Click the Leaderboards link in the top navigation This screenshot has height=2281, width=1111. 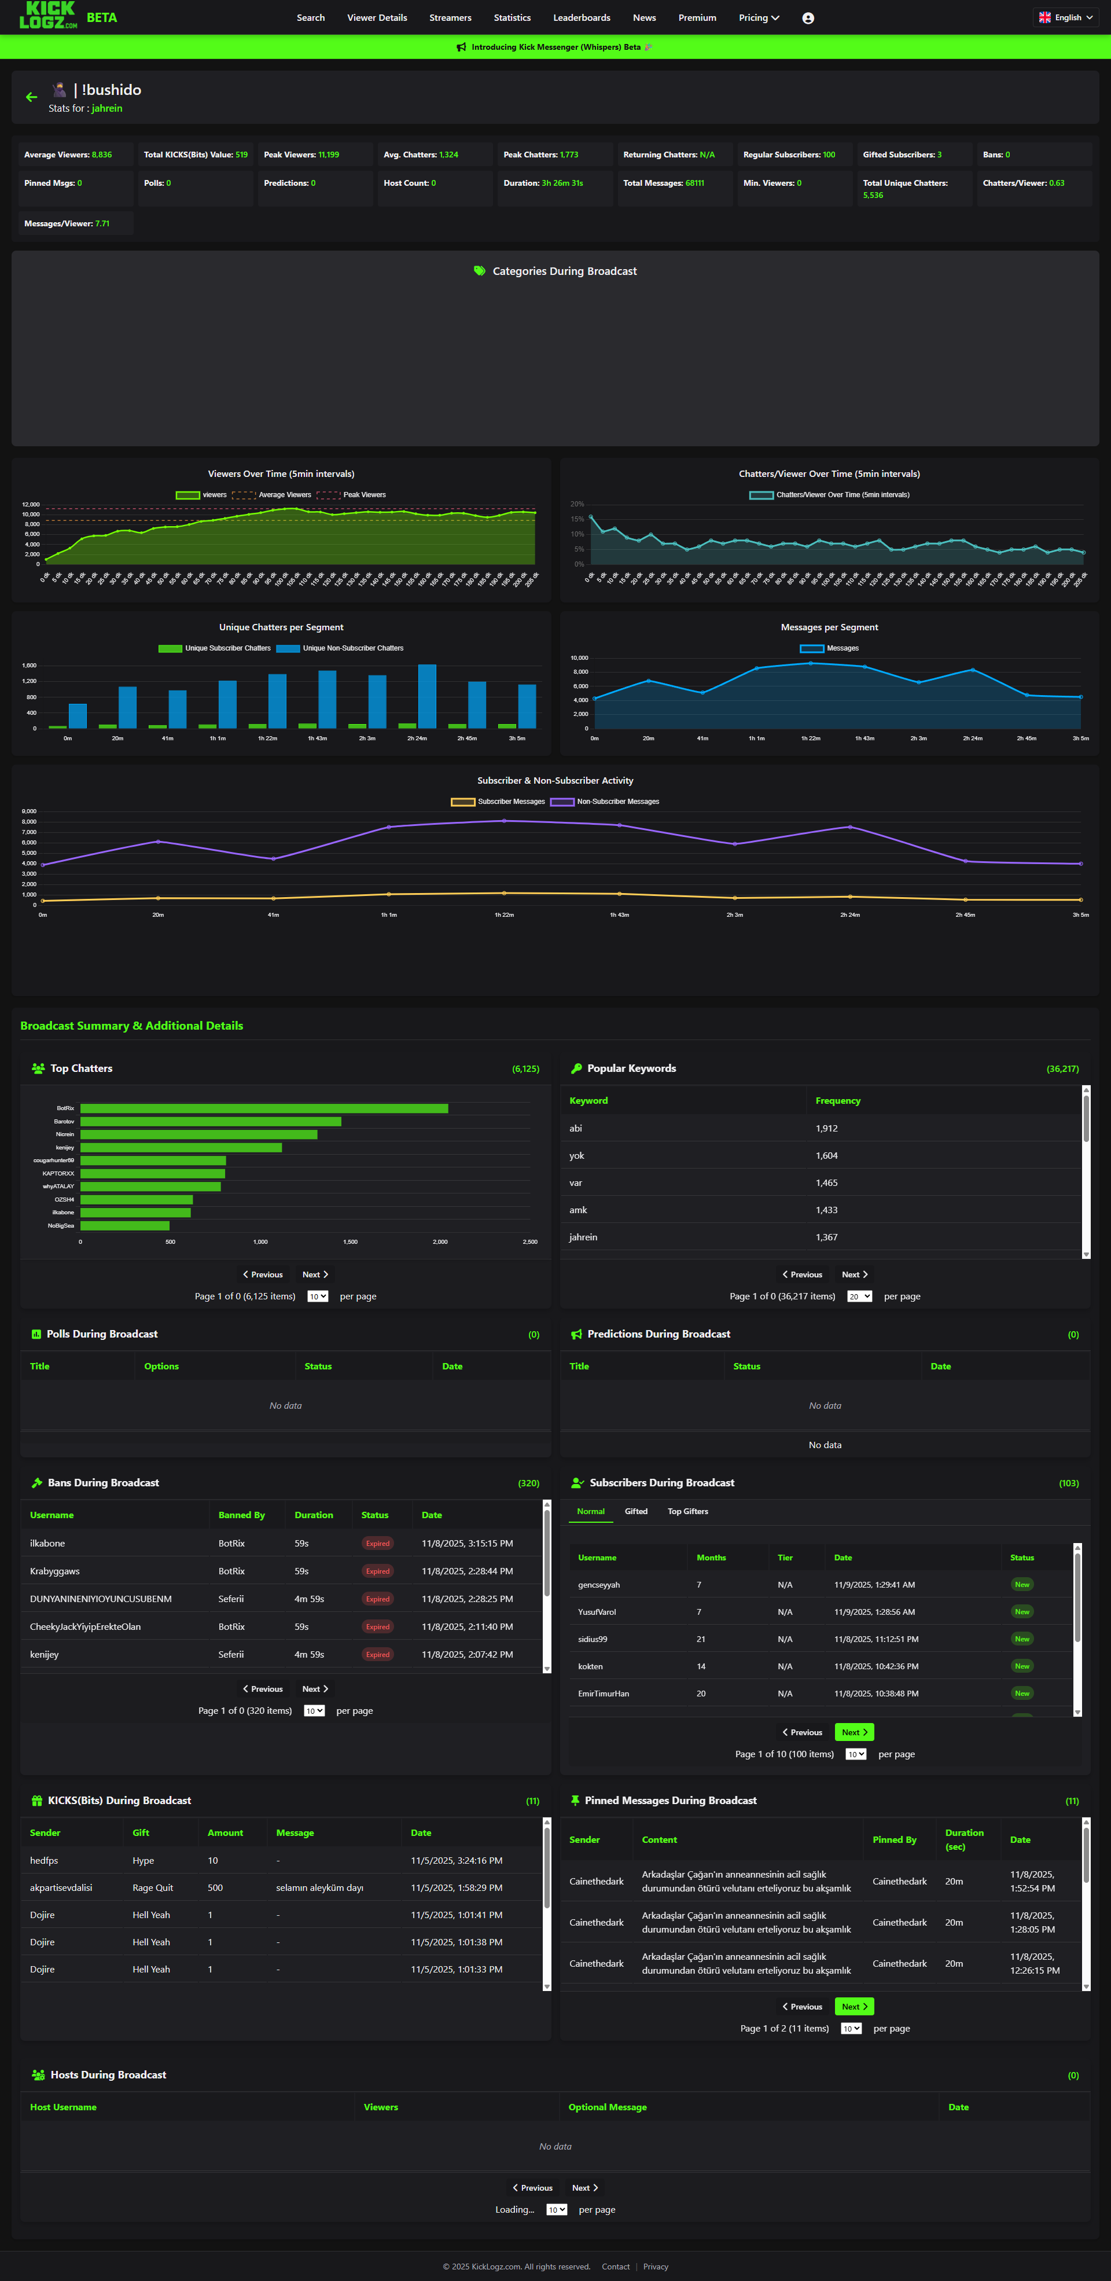(582, 18)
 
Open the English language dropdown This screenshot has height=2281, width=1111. (1066, 18)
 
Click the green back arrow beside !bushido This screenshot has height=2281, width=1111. (32, 97)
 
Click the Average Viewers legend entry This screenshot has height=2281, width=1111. (273, 495)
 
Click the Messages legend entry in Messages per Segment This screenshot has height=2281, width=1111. (829, 648)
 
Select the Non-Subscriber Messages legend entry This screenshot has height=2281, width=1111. (605, 802)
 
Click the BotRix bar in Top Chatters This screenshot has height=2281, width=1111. (264, 1108)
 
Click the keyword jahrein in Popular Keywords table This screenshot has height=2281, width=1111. (583, 1237)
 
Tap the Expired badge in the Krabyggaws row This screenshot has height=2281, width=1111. (377, 1571)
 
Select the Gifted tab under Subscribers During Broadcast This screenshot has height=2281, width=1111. (635, 1512)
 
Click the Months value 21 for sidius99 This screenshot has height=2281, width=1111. (701, 1639)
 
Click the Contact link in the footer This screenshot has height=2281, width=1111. (615, 2267)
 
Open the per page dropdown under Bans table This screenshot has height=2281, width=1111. (314, 1711)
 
